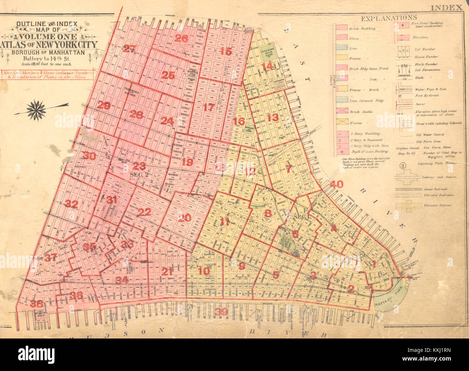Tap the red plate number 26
point(181,39)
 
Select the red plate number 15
point(225,51)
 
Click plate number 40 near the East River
point(336,184)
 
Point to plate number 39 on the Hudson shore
point(221,313)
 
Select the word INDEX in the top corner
point(447,7)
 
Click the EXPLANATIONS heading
point(389,18)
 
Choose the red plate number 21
point(167,272)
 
